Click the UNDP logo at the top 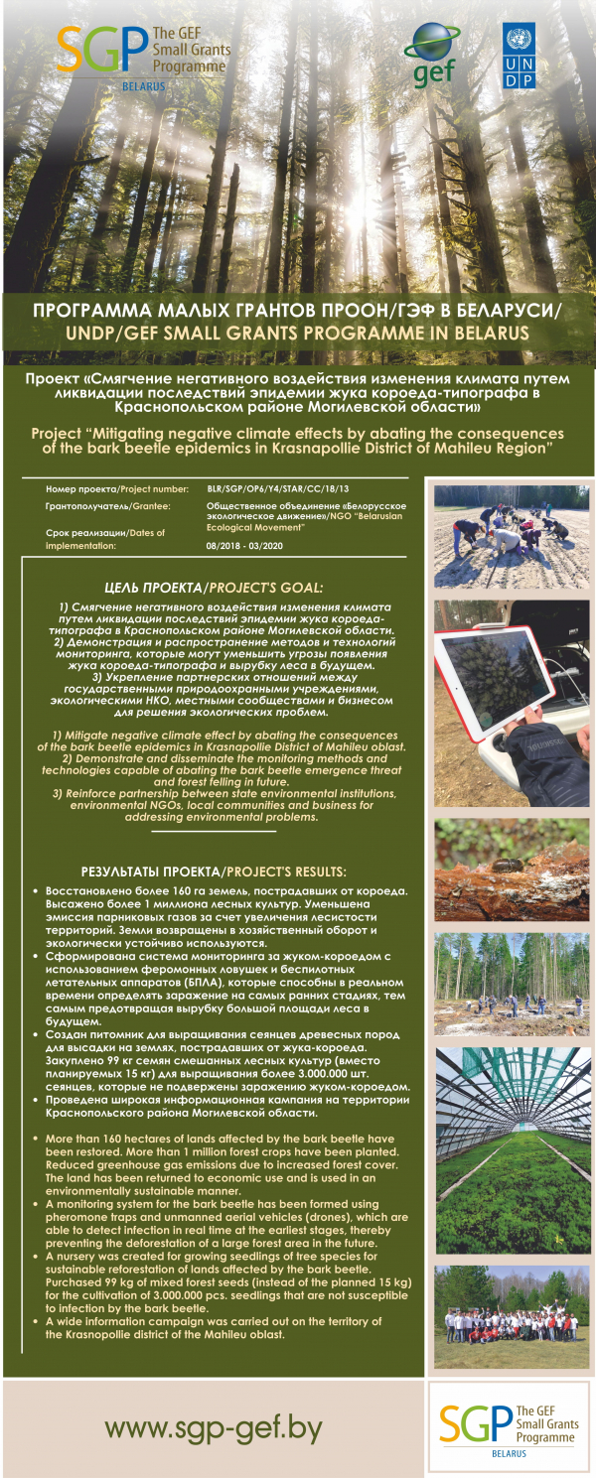pos(519,57)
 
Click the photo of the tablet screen pos(512,703)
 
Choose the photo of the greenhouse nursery pos(512,1149)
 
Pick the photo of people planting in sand pos(512,535)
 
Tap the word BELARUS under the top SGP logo pos(109,86)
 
